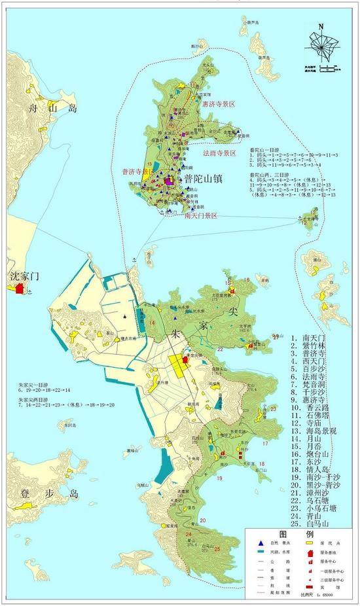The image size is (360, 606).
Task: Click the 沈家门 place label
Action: [22, 276]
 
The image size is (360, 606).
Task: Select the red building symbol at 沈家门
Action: [20, 288]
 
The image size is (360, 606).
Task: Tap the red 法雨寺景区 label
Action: [215, 153]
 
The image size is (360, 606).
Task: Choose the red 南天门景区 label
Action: [204, 215]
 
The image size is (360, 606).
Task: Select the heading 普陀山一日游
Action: [264, 150]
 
